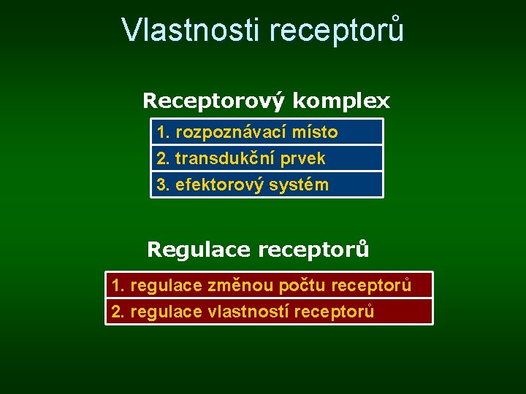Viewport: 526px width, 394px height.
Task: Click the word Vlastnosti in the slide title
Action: pos(191,30)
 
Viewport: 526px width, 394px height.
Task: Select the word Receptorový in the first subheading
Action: pos(213,101)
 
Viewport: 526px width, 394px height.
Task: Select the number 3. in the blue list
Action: pos(163,185)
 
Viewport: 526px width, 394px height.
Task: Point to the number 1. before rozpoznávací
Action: pos(163,132)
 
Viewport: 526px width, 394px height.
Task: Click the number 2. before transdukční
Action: pos(163,158)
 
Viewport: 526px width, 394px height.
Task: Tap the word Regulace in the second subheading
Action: pos(198,250)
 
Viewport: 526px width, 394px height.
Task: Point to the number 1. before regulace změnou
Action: pos(117,285)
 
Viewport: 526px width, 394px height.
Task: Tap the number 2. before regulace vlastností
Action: pos(117,312)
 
